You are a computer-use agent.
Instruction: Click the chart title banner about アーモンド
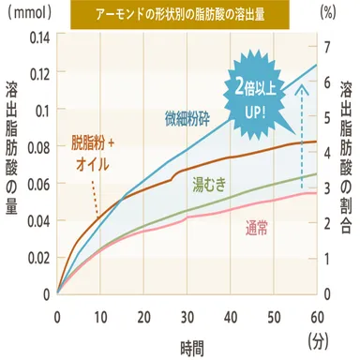coord(180,14)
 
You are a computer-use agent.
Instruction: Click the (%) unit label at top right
coord(330,14)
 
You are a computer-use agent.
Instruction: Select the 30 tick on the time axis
coord(187,316)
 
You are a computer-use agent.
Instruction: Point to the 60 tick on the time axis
coord(317,316)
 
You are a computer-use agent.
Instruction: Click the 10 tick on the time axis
coord(100,316)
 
